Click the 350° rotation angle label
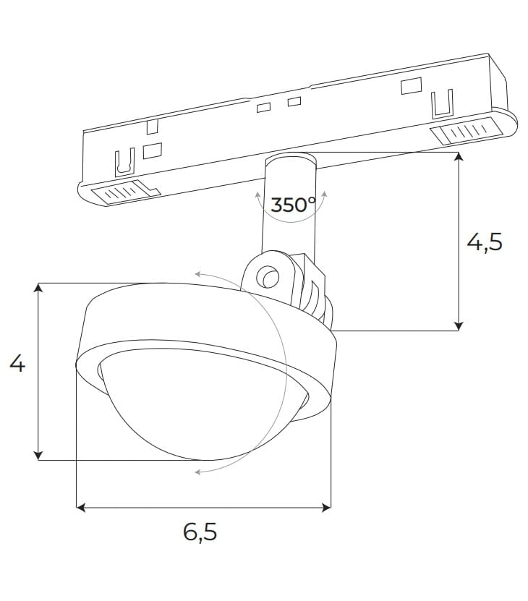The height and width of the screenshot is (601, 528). pyautogui.click(x=294, y=205)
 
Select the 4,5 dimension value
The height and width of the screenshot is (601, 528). pyautogui.click(x=484, y=242)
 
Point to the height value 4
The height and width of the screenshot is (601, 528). pyautogui.click(x=17, y=364)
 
